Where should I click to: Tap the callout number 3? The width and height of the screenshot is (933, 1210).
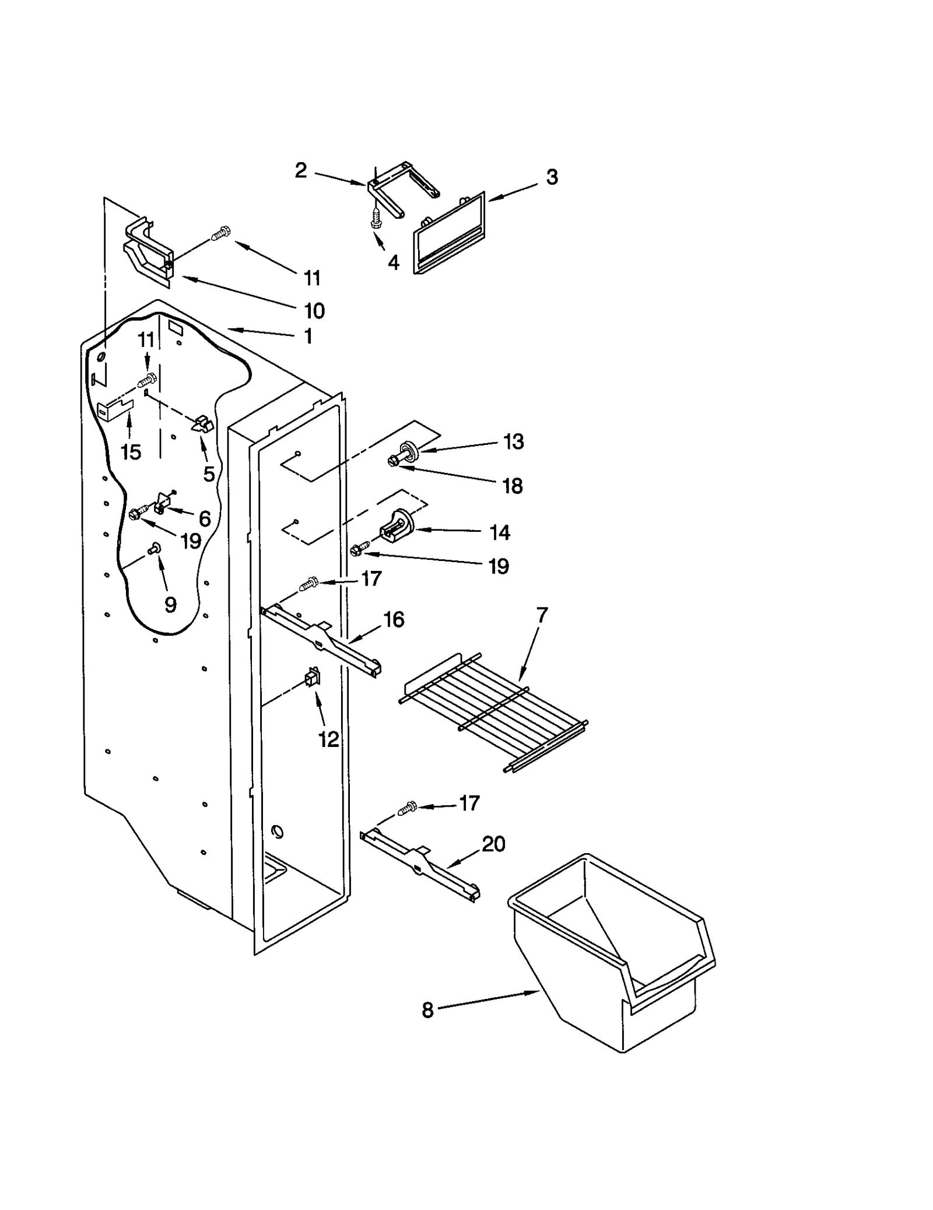point(552,177)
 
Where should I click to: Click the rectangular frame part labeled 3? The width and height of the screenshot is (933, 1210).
point(449,233)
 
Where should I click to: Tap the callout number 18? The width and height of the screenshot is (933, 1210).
point(513,485)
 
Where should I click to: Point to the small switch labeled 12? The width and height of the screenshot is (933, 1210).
point(313,678)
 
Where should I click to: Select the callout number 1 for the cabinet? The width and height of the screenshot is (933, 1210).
point(308,336)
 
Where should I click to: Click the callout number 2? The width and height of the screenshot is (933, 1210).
point(300,170)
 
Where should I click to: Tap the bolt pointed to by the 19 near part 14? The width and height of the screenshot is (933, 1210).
point(359,548)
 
